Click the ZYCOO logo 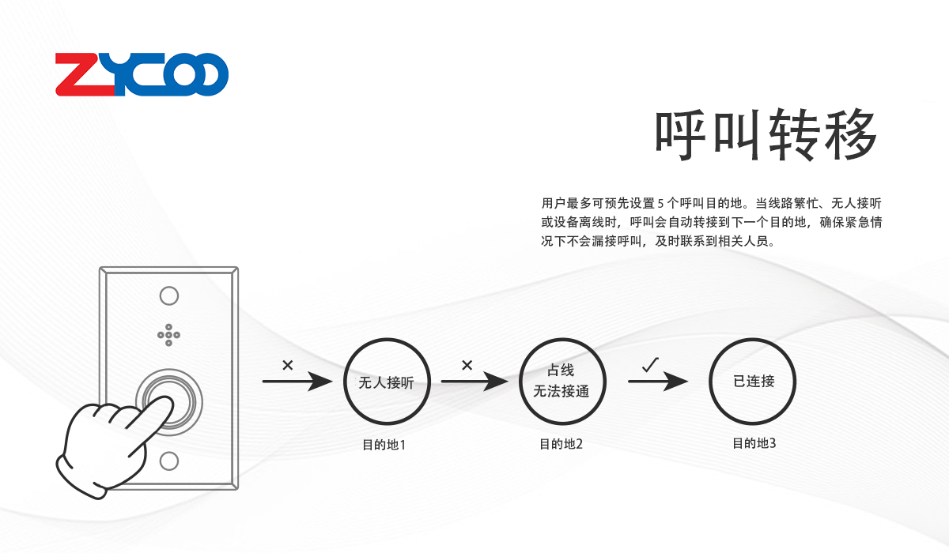142,75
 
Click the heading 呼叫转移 766,135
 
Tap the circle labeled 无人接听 386,382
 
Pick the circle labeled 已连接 753,382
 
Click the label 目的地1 384,445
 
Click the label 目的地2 561,444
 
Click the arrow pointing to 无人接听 297,382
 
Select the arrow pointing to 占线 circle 474,382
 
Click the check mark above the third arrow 651,365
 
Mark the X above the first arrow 287,365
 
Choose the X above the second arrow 467,365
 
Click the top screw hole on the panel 169,296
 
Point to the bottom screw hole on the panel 169,461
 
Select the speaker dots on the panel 168,335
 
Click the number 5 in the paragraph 660,202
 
